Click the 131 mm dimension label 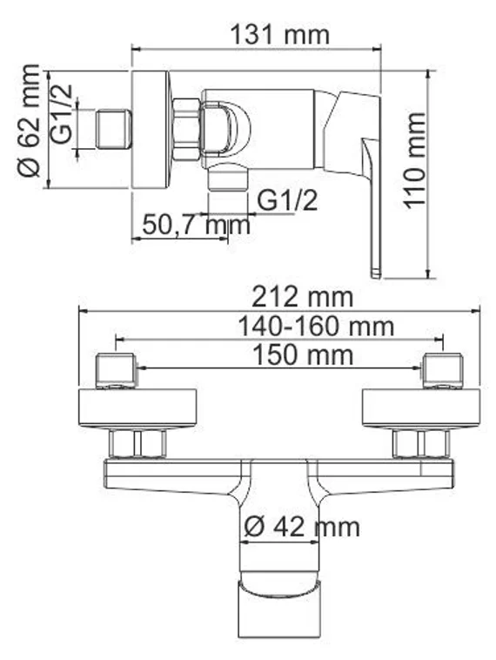(x=280, y=35)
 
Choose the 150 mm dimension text (x=302, y=355)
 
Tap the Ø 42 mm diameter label (x=301, y=527)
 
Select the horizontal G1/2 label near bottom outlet (x=287, y=200)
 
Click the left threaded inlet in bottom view (x=115, y=371)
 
